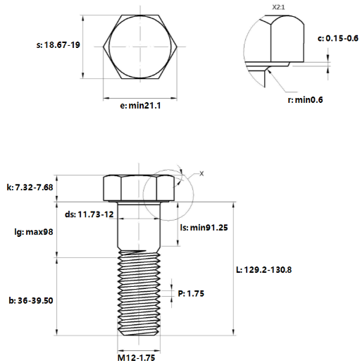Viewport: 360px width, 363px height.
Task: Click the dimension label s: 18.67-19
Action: tap(58, 45)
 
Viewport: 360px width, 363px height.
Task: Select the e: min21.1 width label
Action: tap(140, 106)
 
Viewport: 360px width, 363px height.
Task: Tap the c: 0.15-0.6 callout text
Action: tap(338, 38)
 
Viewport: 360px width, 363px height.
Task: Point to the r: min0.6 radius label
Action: tap(305, 100)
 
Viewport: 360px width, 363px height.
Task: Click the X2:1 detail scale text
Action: tap(278, 7)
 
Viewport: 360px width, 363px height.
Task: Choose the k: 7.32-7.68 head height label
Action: tap(30, 187)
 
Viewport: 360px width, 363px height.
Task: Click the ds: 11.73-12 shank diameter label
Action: tap(89, 214)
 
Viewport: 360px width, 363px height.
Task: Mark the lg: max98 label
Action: tap(34, 232)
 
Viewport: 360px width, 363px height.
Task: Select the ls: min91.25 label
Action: tap(204, 228)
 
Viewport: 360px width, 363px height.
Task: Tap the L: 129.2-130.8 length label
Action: tap(263, 270)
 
